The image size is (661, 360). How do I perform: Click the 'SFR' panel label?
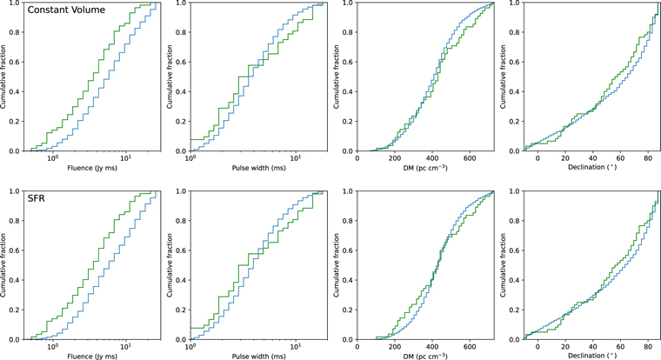tap(37, 199)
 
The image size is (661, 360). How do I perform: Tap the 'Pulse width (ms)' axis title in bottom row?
tap(257, 355)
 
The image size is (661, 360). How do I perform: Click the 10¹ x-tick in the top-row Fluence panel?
tap(126, 157)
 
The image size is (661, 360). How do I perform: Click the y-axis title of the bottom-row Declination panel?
tap(509, 265)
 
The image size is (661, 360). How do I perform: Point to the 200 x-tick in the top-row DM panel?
tap(395, 157)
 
